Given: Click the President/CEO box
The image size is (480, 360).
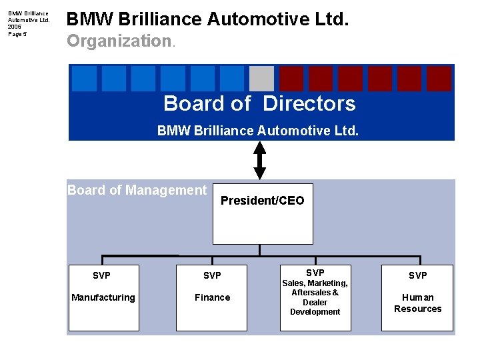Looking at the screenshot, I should tap(262, 213).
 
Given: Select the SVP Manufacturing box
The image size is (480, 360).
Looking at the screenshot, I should tap(103, 297).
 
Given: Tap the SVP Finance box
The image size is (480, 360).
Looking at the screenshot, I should tap(212, 297).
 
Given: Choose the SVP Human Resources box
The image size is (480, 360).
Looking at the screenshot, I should tap(417, 297).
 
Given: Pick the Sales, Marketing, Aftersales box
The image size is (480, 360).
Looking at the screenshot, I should tap(315, 297).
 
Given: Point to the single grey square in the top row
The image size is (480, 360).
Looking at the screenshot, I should tap(261, 79).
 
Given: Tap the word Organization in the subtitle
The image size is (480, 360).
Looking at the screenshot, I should tap(119, 41).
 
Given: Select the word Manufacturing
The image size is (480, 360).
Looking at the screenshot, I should tap(103, 297).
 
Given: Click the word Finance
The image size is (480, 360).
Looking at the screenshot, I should tap(212, 297).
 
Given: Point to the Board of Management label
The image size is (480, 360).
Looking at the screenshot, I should tap(137, 190).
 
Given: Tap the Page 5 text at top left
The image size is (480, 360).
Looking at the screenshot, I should tap(18, 34).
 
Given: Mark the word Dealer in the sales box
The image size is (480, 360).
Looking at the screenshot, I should tap(315, 302).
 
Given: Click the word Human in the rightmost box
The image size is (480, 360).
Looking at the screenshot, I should tap(418, 297).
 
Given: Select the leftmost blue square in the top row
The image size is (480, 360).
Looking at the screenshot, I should tap(84, 79).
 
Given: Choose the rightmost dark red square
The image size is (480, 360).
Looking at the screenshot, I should tap(439, 79).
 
